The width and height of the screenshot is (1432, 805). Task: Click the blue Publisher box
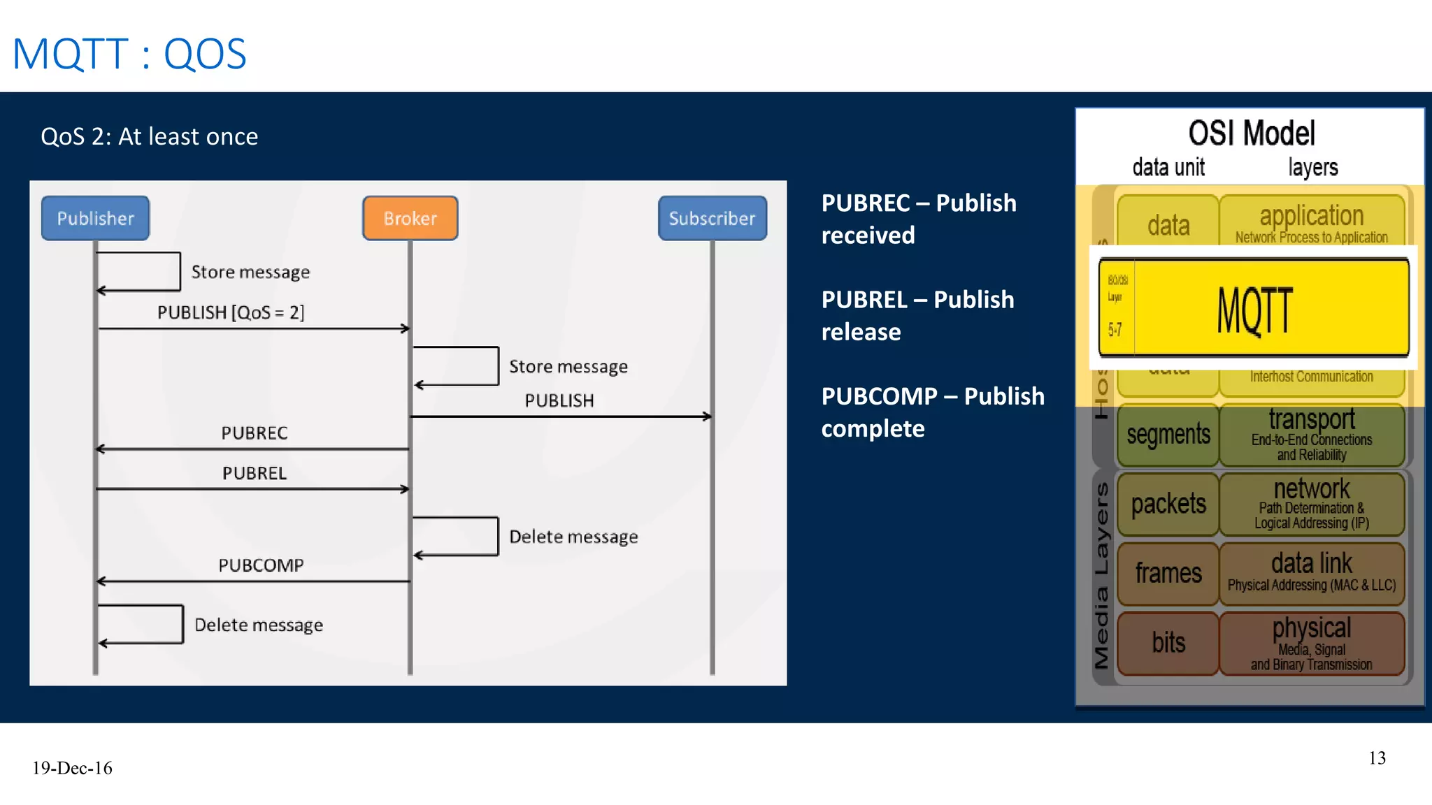pyautogui.click(x=95, y=218)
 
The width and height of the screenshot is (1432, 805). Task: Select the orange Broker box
pyautogui.click(x=410, y=218)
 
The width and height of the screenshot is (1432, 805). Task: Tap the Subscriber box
pyautogui.click(x=712, y=218)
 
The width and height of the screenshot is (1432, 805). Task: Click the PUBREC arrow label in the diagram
pyautogui.click(x=255, y=433)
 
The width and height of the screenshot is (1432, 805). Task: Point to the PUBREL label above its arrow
pyautogui.click(x=255, y=473)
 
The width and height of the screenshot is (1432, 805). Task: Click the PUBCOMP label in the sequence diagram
pyautogui.click(x=261, y=565)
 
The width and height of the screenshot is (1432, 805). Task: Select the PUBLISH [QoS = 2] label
pyautogui.click(x=231, y=312)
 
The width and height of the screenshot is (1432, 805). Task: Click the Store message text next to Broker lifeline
pyautogui.click(x=568, y=367)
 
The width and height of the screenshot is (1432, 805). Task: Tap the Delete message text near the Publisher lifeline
pyautogui.click(x=259, y=625)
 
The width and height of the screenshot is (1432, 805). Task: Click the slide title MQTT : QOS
pyautogui.click(x=129, y=54)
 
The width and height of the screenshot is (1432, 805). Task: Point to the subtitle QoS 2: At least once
pyautogui.click(x=149, y=136)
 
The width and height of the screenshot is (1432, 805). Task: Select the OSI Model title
pyautogui.click(x=1252, y=133)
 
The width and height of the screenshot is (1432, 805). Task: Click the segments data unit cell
pyautogui.click(x=1168, y=435)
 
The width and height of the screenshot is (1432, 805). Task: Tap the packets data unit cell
pyautogui.click(x=1168, y=504)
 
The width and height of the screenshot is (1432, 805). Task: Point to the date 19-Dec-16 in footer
pyautogui.click(x=72, y=768)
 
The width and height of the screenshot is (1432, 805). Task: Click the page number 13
pyautogui.click(x=1377, y=758)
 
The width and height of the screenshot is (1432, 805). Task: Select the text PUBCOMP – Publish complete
pyautogui.click(x=932, y=412)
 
